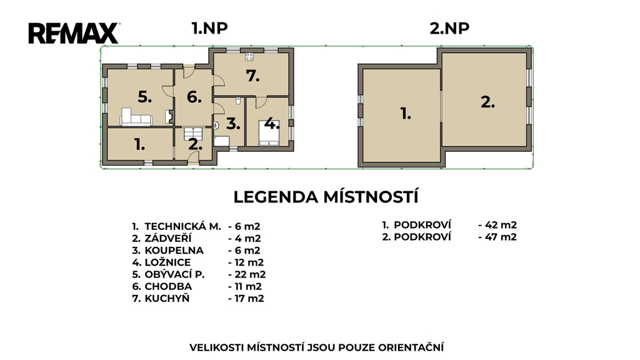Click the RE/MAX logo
[x=74, y=34]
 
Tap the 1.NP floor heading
[x=209, y=28]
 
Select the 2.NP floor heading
[x=449, y=28]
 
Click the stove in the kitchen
[x=249, y=57]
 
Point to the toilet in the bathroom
[x=238, y=101]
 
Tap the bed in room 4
[x=269, y=133]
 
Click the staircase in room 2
[x=193, y=134]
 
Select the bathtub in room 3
[x=222, y=142]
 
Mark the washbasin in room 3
[x=216, y=126]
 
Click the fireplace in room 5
[x=169, y=117]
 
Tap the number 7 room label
[x=253, y=76]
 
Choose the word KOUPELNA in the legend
[x=174, y=250]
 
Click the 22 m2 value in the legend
[x=250, y=274]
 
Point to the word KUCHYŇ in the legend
[x=167, y=298]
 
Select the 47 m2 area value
[x=501, y=237]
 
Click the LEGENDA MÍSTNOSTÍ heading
[x=326, y=197]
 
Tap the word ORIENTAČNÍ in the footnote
[x=411, y=347]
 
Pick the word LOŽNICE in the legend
[x=167, y=262]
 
